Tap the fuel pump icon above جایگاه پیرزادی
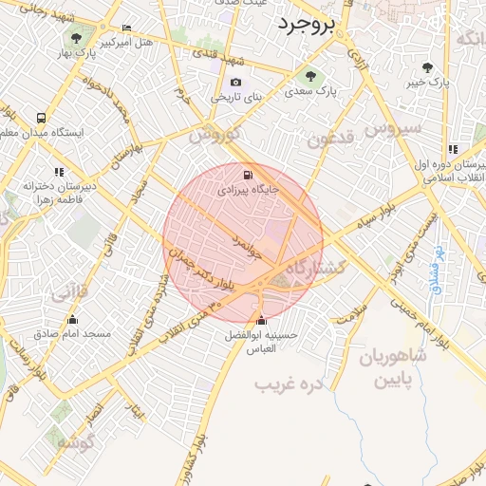point(248,175)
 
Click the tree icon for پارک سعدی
point(307,77)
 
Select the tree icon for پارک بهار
point(76,38)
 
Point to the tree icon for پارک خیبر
point(428,67)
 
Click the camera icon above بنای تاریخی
point(235,83)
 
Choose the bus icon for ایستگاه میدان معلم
point(41,118)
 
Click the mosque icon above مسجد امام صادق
point(72,319)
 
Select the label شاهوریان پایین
point(393,370)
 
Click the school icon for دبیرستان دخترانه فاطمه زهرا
point(59,172)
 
